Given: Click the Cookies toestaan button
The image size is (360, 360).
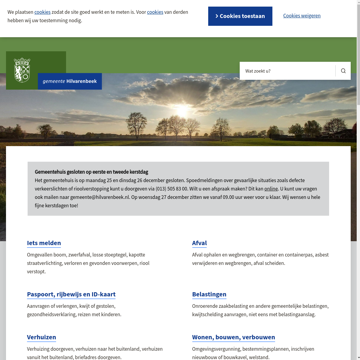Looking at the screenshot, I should pos(240,16).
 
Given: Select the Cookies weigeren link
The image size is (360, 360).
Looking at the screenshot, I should pos(302,16).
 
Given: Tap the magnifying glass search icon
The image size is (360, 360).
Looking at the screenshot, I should pos(343,71).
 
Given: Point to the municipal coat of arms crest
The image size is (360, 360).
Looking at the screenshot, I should pos(22,70).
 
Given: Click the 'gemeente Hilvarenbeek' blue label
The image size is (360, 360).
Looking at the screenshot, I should pos(70,81).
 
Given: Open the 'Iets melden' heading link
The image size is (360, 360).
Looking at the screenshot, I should pos(44,243).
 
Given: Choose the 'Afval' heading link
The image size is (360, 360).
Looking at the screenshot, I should pos(199,243).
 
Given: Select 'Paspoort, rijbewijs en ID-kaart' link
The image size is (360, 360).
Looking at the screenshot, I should pos(71,294).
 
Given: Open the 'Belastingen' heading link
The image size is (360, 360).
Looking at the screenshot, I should pos(209,294).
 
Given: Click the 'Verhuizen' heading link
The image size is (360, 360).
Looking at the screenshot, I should pos(41,337).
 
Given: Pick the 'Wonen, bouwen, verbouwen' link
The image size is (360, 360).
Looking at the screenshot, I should pos(233,337).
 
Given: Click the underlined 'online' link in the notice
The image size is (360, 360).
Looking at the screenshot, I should pos(271,189).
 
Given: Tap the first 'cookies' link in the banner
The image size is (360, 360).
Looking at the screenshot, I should pos(42,12).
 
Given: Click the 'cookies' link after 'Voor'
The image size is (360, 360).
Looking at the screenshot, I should pos(155,12).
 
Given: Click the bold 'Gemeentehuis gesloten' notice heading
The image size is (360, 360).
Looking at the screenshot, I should pos(91,172).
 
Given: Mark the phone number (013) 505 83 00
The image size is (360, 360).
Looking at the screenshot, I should pos(172,189).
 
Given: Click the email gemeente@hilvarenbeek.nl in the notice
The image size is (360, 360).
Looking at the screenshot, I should pos(100,197).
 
